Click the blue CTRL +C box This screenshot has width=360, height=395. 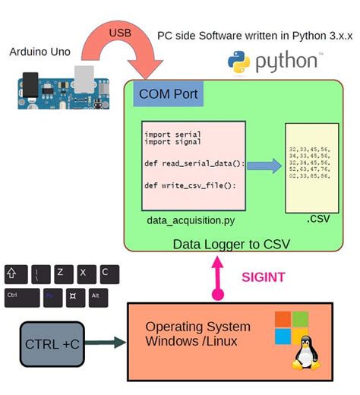52,343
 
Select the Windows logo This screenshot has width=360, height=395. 292,326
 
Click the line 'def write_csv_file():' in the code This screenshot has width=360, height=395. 179,185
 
